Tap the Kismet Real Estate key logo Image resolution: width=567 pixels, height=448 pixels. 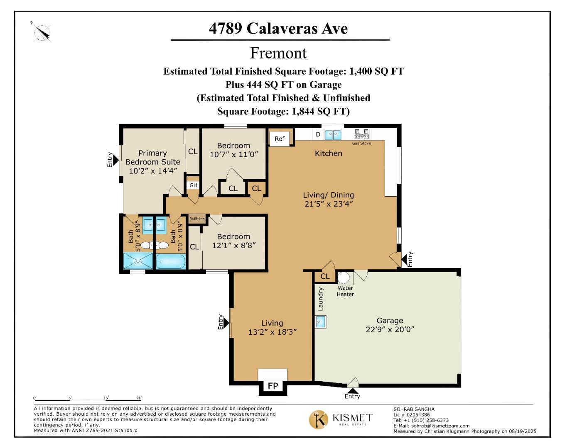pyautogui.click(x=319, y=419)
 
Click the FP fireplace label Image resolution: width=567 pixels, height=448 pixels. pyautogui.click(x=273, y=386)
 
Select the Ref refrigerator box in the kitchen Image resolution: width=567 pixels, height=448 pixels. pyautogui.click(x=280, y=139)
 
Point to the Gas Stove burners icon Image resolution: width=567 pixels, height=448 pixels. pyautogui.click(x=361, y=134)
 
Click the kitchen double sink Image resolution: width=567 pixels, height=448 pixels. pyautogui.click(x=333, y=134)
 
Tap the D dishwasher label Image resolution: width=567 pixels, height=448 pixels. pyautogui.click(x=318, y=134)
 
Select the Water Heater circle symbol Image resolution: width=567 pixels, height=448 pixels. pyautogui.click(x=344, y=278)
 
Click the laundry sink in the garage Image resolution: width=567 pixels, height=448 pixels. pyautogui.click(x=320, y=321)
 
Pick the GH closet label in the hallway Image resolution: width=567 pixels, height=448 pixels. pyautogui.click(x=193, y=185)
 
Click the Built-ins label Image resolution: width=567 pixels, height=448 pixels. pyautogui.click(x=197, y=219)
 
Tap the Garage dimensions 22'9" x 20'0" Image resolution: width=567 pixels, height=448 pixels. pyautogui.click(x=390, y=330)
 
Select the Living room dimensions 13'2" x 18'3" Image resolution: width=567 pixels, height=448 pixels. pyautogui.click(x=272, y=332)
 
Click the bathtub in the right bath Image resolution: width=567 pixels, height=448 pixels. pyautogui.click(x=170, y=262)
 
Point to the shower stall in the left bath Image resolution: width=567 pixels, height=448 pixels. pyautogui.click(x=138, y=261)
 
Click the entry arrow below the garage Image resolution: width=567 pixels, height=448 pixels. pyautogui.click(x=352, y=390)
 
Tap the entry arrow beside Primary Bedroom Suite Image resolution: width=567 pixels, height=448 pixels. pyautogui.click(x=116, y=160)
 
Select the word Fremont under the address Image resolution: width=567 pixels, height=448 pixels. pyautogui.click(x=278, y=53)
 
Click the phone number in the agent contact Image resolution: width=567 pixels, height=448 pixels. pyautogui.click(x=421, y=420)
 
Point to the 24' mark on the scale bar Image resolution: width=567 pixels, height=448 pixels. pyautogui.click(x=139, y=398)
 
